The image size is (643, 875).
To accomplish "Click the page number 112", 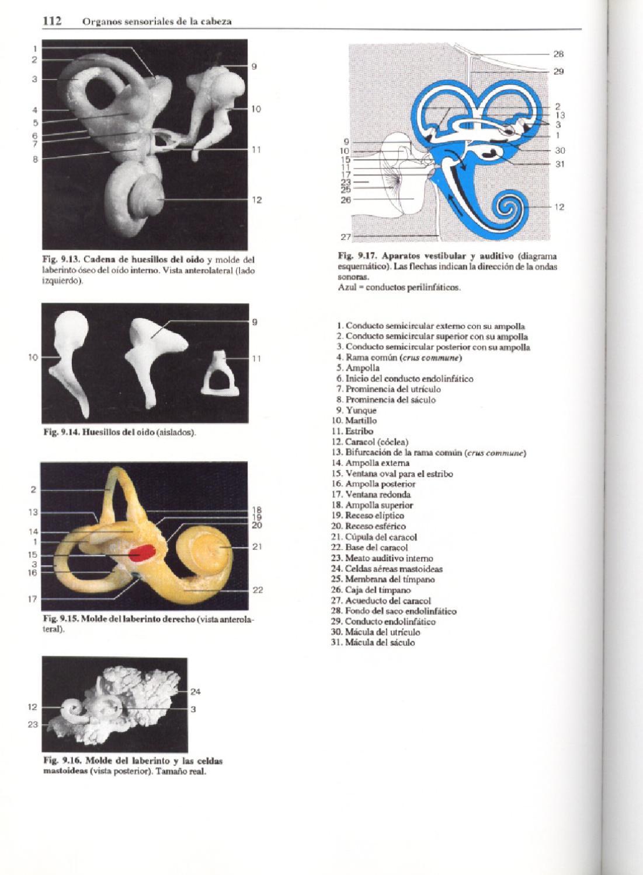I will click(x=53, y=21).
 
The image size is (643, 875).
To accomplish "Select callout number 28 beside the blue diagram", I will click(x=558, y=54).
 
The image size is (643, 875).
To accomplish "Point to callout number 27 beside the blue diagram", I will click(x=345, y=237).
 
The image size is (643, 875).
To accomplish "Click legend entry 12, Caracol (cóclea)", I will click(x=370, y=442).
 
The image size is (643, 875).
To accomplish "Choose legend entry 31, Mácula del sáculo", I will click(x=374, y=642).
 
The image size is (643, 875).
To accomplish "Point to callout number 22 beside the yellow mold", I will click(x=258, y=590).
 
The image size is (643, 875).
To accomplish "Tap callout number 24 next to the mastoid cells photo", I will click(x=196, y=692).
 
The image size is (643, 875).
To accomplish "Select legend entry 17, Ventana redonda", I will click(x=371, y=495).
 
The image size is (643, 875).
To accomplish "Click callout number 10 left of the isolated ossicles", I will click(x=33, y=358).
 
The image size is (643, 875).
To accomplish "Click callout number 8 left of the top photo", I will click(x=35, y=159).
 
